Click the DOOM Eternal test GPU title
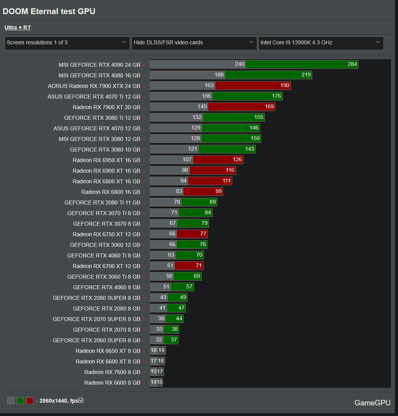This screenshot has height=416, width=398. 49,11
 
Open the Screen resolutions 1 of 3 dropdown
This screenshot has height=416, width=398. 67,42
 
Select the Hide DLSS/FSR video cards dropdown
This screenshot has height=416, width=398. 194,42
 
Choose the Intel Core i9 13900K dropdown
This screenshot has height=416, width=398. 321,42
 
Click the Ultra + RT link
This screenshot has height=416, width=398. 18,27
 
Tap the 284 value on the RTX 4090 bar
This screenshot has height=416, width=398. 352,64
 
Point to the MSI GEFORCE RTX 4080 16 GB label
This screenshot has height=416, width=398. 99,75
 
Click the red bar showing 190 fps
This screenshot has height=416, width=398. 253,86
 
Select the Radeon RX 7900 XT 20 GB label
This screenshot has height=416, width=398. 106,107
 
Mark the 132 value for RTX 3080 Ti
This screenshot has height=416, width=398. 197,117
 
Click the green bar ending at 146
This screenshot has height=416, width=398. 231,128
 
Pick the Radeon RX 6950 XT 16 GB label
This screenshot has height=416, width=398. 106,160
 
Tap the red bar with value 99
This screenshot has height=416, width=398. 203,192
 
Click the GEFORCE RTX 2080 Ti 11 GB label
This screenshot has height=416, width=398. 102,202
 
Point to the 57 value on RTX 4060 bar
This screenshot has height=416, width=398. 189,287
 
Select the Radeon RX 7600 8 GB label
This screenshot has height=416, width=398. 112,372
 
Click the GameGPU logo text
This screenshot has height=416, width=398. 373,403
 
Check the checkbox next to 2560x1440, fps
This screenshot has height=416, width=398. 81,400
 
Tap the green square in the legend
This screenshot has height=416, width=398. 20,401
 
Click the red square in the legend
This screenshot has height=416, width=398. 30,401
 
